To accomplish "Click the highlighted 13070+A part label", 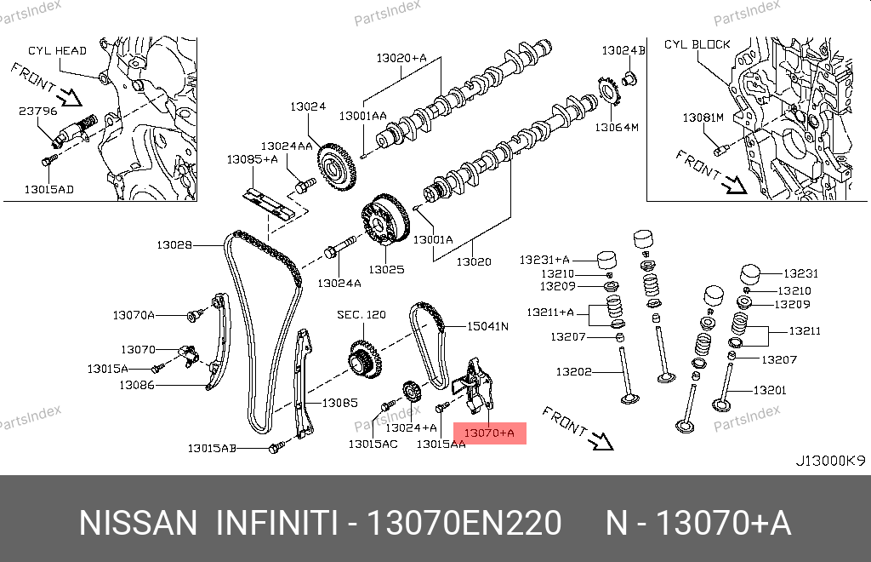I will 492,433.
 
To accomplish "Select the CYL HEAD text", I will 57,51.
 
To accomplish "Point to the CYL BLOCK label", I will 697,44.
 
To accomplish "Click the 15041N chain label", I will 487,326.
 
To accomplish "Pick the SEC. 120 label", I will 361,315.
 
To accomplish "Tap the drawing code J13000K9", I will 830,461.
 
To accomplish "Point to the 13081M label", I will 703,118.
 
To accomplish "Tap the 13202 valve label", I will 574,371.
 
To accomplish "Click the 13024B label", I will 624,51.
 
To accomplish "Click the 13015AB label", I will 213,448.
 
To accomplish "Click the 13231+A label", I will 546,258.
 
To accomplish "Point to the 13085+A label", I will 253,159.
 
